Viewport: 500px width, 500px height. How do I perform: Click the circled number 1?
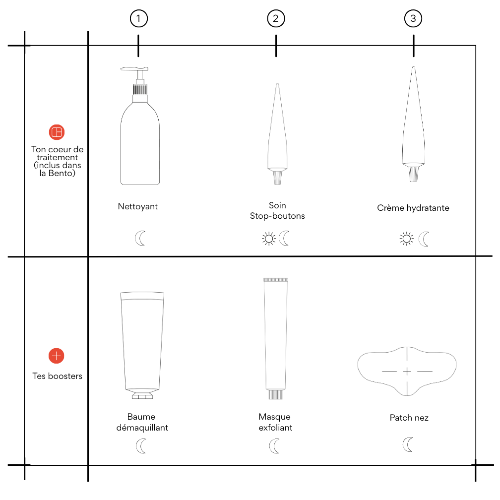[139, 18]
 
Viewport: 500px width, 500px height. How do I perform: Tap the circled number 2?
[276, 18]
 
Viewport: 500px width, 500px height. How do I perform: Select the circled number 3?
[413, 18]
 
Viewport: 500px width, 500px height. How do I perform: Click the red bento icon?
[57, 132]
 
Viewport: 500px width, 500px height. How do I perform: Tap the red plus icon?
[57, 356]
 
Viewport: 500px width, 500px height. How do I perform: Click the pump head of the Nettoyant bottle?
[134, 69]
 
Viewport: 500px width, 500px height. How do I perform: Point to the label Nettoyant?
[138, 206]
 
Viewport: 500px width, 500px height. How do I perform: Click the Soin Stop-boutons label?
[277, 210]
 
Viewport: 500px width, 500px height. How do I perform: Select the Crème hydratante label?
[413, 208]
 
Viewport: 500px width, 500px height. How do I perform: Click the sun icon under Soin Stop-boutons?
[269, 239]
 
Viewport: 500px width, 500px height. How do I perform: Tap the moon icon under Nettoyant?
[140, 239]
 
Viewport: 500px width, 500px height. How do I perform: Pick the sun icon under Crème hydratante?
[407, 239]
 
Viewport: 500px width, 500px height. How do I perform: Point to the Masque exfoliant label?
[275, 422]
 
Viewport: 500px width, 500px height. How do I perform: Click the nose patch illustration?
[407, 371]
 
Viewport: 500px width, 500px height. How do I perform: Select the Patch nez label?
[409, 418]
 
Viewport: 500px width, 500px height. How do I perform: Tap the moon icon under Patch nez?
[408, 444]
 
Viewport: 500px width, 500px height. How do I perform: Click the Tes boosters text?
[58, 376]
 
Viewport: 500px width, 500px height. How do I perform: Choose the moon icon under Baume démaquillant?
[141, 446]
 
